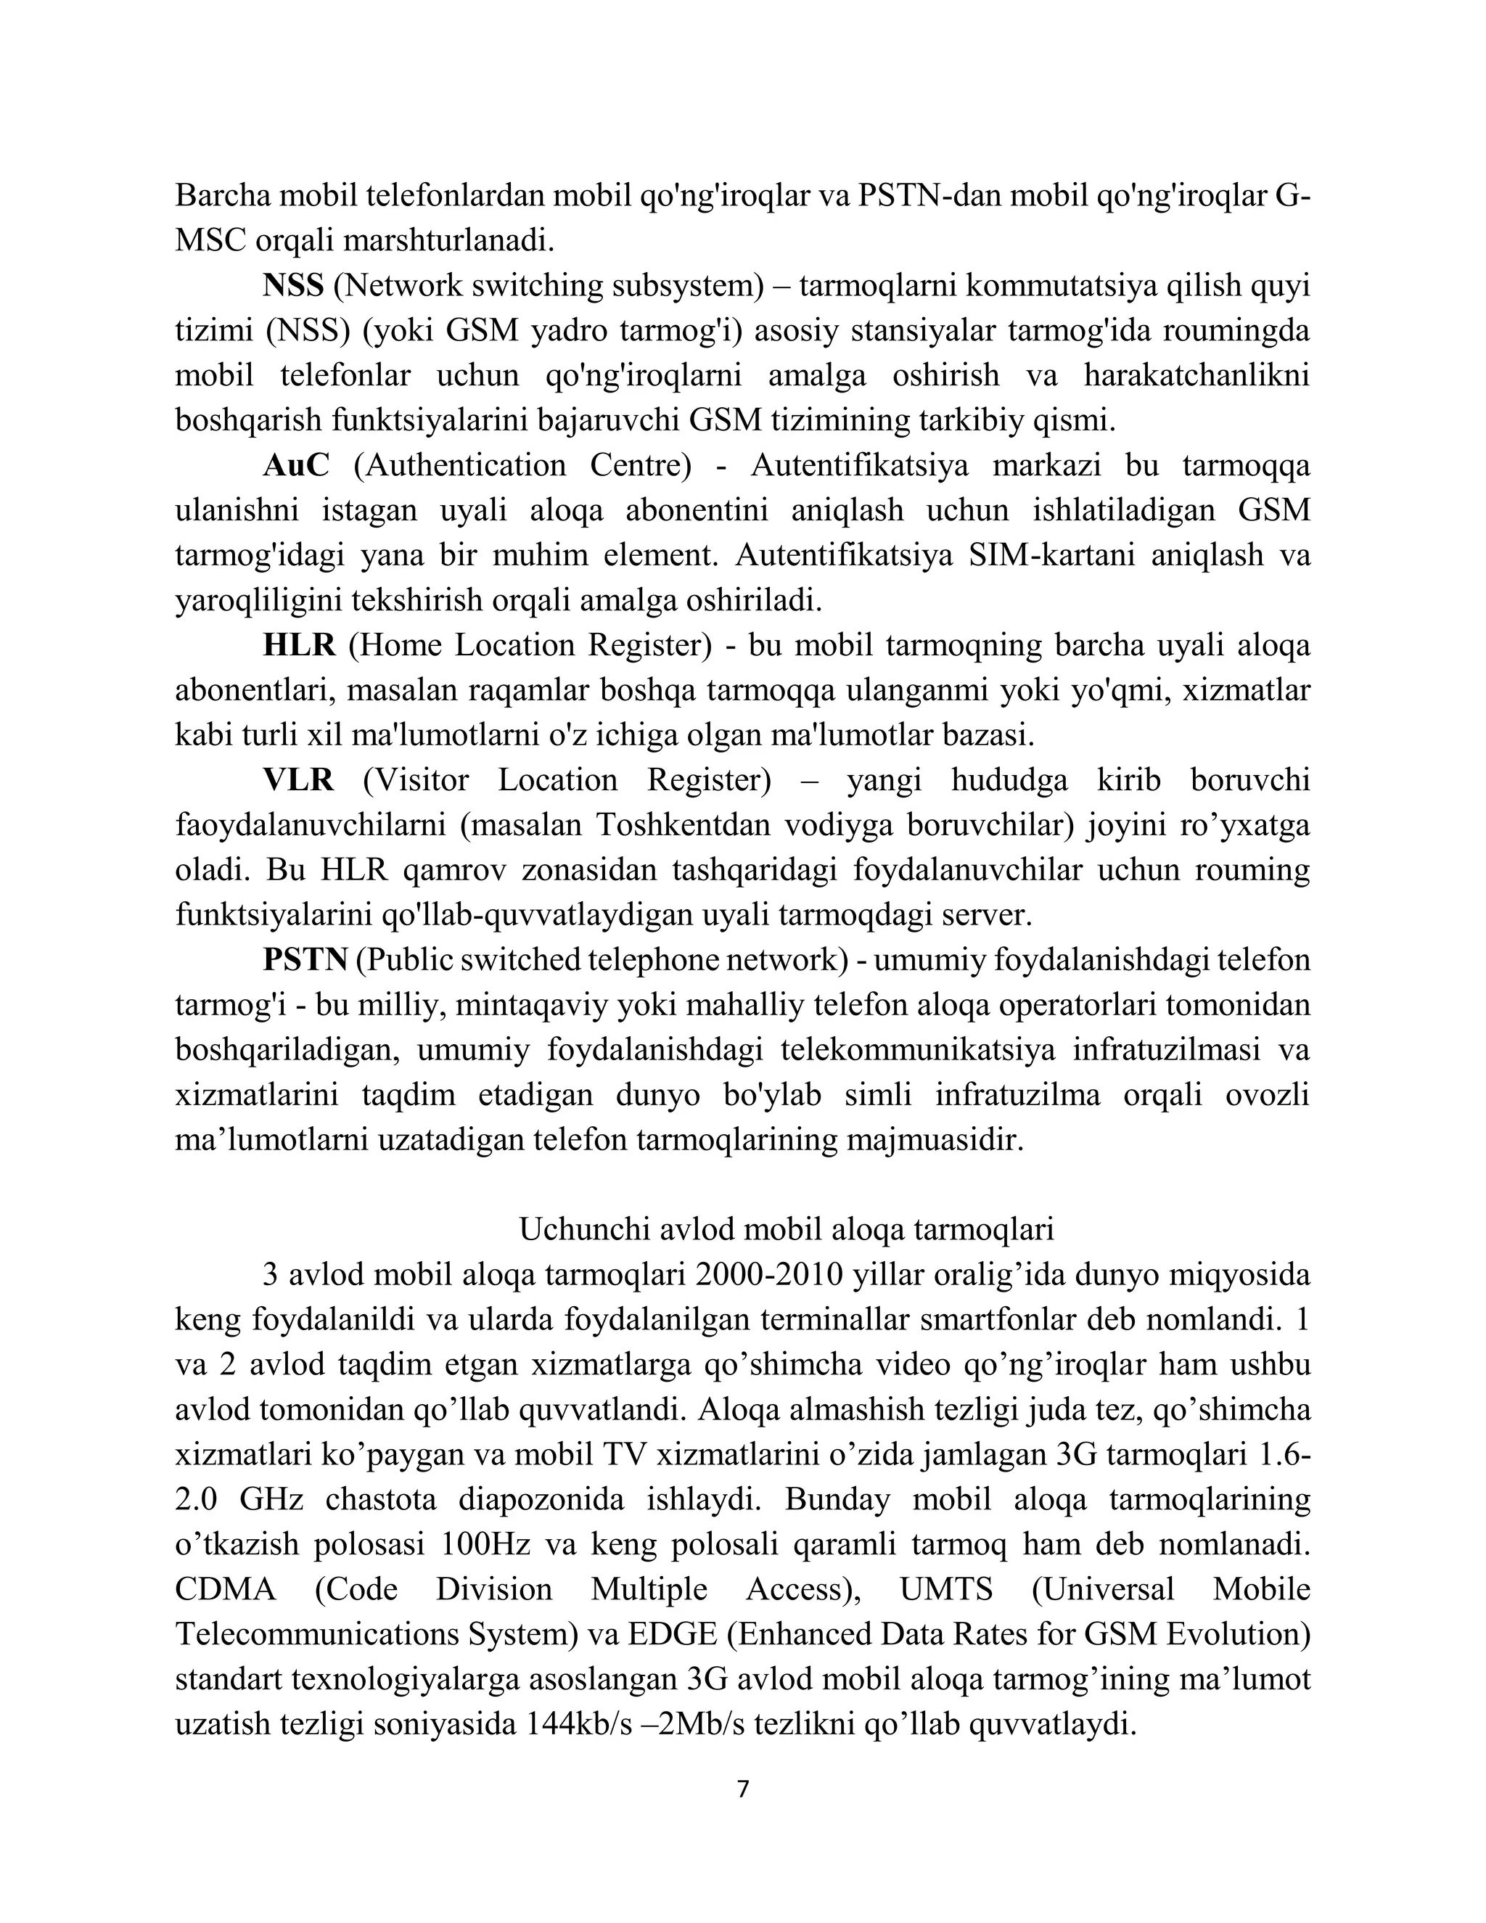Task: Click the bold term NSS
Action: [293, 286]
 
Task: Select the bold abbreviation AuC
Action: [296, 466]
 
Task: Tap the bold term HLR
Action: [298, 645]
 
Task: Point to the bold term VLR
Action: [298, 780]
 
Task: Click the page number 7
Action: [742, 1790]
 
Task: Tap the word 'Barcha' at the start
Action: [223, 195]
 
